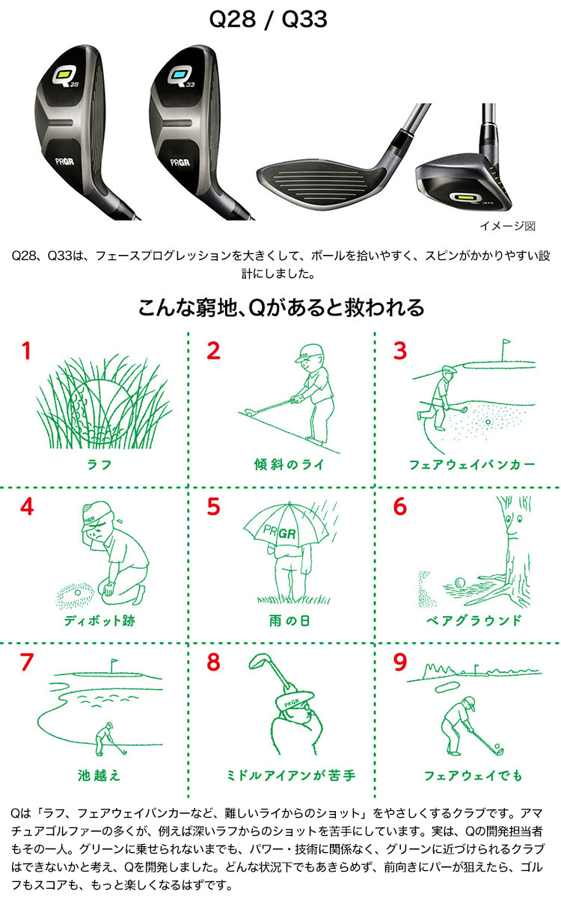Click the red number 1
tap(26, 351)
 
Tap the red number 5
tap(213, 506)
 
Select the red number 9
tap(400, 662)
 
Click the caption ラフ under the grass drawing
tap(99, 464)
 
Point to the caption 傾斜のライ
tap(289, 464)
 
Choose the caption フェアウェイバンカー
tap(472, 464)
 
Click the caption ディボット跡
tap(99, 620)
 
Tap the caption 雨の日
tap(289, 620)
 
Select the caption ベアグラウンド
tap(473, 620)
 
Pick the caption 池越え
tap(99, 776)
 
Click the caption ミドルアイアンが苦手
tap(291, 776)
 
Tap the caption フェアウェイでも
tap(473, 776)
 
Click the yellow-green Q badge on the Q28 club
tap(64, 75)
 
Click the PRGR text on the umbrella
tap(280, 532)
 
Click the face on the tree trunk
tap(512, 525)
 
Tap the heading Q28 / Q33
tap(268, 19)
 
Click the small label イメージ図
tap(508, 226)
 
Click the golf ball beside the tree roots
tap(459, 582)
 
